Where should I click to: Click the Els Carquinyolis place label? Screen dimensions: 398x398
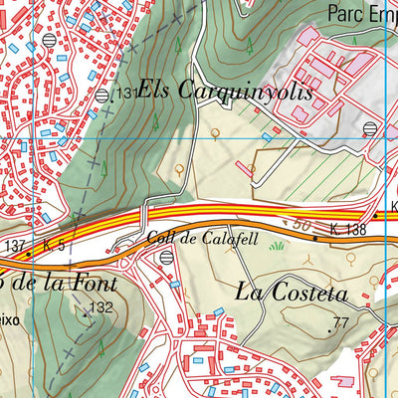coord(225,92)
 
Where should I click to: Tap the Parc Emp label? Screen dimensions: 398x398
coord(360,13)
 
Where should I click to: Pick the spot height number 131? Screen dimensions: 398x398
coord(125,93)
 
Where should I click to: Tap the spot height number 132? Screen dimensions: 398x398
coord(100,307)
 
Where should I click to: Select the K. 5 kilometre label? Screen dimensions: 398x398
coord(54,245)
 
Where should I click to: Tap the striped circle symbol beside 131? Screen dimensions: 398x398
coord(102,95)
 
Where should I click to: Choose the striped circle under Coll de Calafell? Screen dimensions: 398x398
coord(166,256)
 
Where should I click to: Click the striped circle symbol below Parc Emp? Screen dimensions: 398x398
coord(370,128)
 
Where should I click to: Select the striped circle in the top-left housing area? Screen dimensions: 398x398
coord(51,40)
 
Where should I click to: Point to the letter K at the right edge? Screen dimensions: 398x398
coord(393,207)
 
